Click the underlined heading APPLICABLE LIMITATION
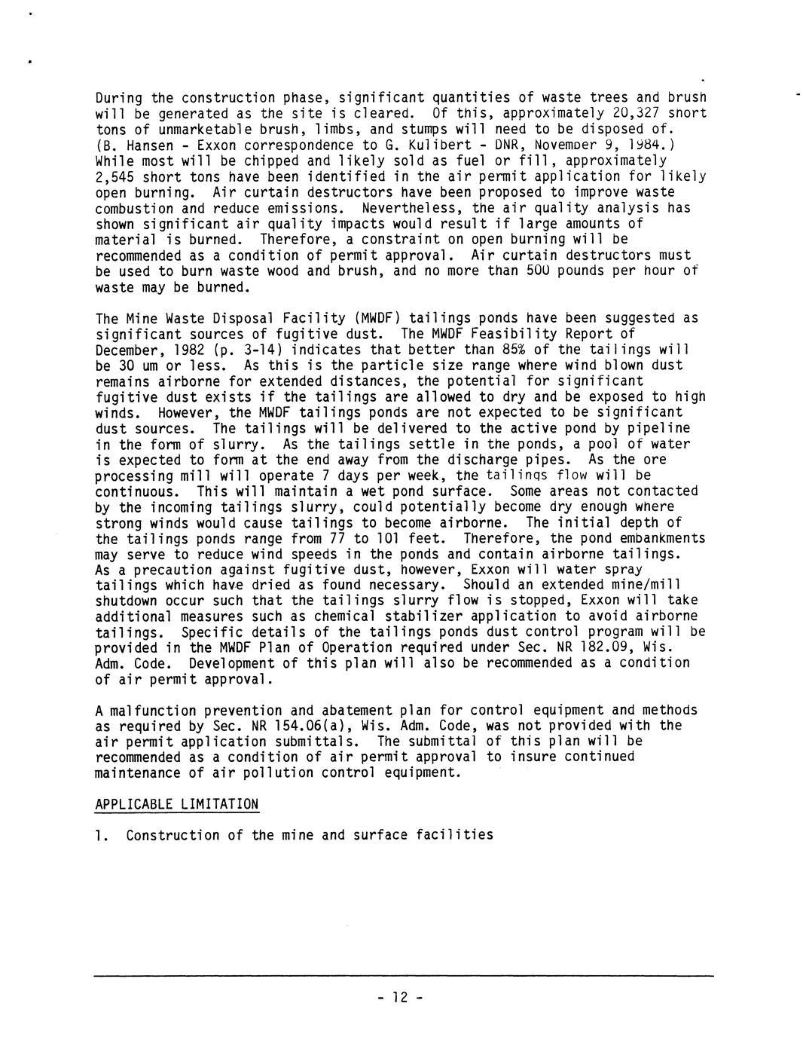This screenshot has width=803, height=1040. [177, 804]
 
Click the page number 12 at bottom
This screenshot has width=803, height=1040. [400, 997]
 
